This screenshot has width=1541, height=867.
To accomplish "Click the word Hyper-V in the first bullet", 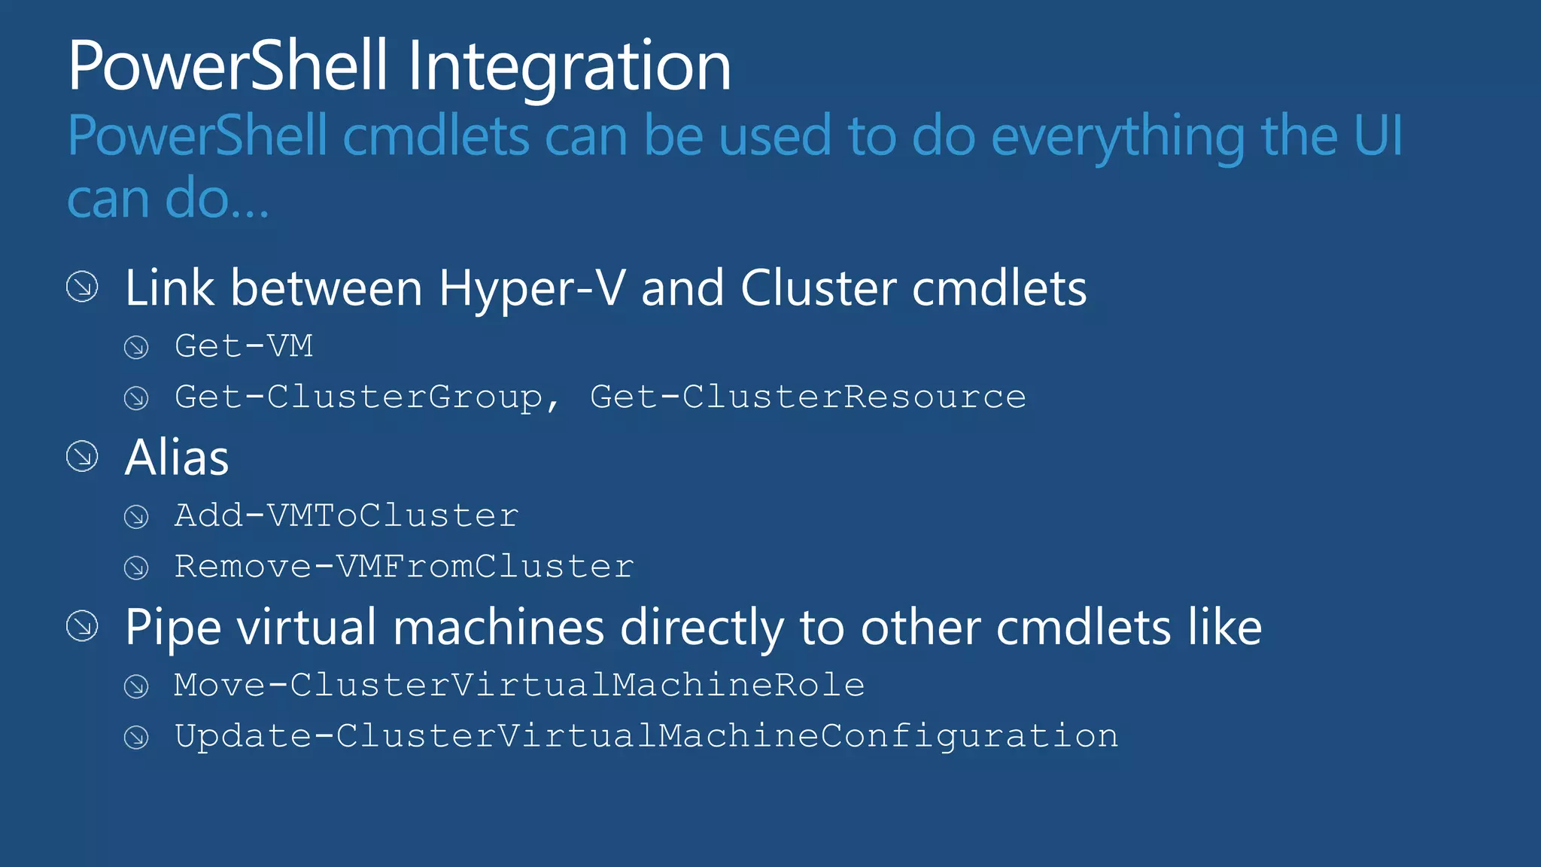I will (531, 288).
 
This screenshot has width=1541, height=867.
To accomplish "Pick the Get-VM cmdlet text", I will (244, 346).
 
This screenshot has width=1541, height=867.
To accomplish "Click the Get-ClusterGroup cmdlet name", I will (358, 397).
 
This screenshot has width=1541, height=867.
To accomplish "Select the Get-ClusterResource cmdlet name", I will (807, 397).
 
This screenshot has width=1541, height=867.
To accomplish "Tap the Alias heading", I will (177, 458).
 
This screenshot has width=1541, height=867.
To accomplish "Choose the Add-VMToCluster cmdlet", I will (346, 516).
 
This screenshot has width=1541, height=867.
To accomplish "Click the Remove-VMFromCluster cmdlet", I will (404, 567).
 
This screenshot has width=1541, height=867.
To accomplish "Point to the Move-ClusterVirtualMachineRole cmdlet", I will (519, 685).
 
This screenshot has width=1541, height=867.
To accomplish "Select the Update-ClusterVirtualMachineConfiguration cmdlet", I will (646, 736).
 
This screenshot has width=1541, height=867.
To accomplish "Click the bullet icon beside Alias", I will (82, 457).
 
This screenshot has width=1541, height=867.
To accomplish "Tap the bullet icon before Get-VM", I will (136, 347).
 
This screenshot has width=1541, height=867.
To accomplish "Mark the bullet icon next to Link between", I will (82, 287).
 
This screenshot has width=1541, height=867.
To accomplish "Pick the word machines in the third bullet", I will (498, 628).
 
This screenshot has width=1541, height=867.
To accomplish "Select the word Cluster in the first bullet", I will (818, 288).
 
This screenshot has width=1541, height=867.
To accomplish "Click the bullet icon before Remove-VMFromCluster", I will (136, 567).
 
